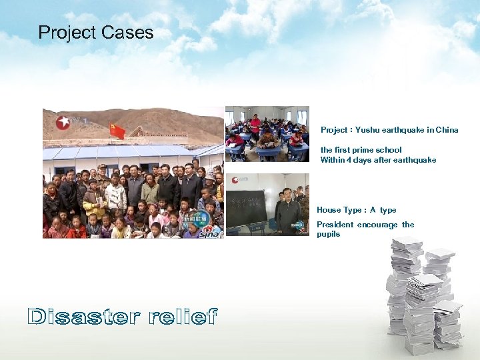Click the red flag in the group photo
117,131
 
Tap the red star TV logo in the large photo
63,122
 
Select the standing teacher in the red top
255,124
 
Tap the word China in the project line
447,130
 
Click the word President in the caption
335,225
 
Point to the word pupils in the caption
328,234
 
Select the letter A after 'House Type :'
373,210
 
